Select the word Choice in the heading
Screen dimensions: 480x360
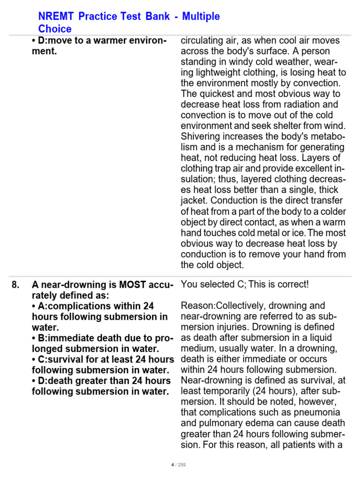click(54, 29)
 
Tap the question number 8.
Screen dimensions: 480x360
click(15, 285)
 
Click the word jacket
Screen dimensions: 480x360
click(194, 201)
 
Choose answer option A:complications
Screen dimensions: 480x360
click(93, 306)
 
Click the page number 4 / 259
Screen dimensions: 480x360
click(179, 465)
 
